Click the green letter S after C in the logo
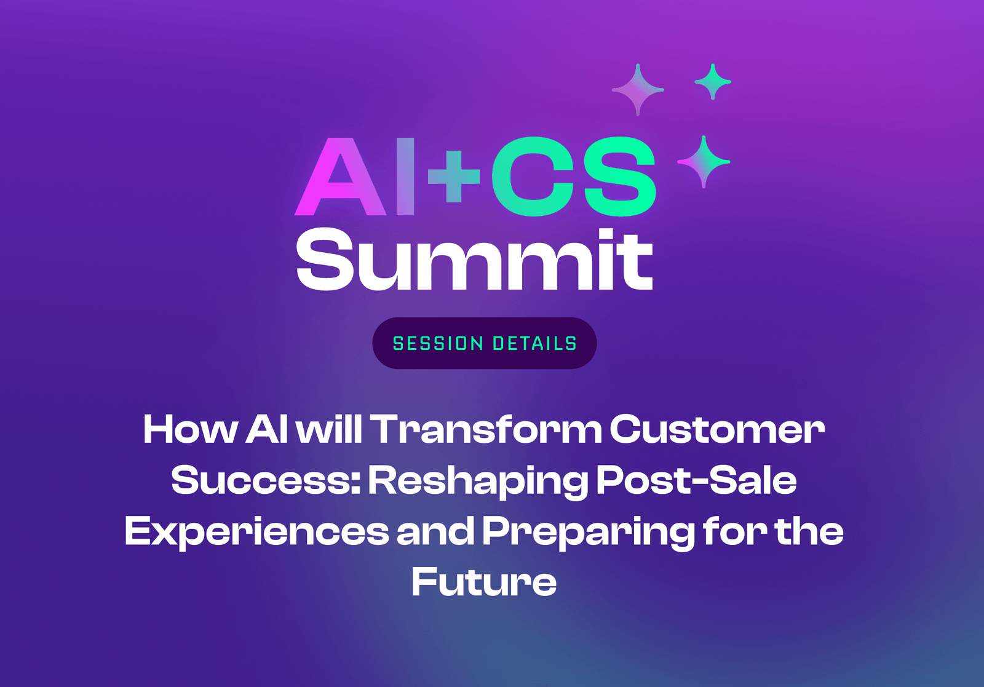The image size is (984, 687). pos(620,177)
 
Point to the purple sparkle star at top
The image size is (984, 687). pos(638,90)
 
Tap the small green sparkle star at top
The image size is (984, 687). pos(712,81)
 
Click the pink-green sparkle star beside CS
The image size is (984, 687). pos(704,162)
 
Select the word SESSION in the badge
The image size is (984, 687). pos(438,344)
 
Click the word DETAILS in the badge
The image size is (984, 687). pos(534,344)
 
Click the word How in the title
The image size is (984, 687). pos(190,429)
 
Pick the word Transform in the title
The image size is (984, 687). pos(486,429)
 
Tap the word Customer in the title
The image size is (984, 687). pos(717,429)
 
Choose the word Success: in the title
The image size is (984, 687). pos(266,480)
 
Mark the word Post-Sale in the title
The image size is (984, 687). pos(696,480)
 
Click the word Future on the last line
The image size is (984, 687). pos(484,582)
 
